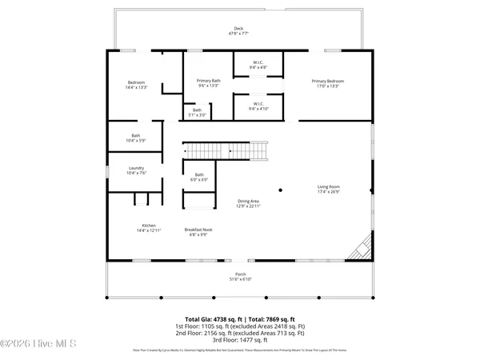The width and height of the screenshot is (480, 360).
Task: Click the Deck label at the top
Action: point(239,31)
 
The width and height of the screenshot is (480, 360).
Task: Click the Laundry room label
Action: point(136,170)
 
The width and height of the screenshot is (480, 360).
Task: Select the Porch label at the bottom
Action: point(240,277)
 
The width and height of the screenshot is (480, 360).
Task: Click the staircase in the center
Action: point(226,150)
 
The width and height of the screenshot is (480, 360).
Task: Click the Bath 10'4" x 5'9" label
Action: point(136,138)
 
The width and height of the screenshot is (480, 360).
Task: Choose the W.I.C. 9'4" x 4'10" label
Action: point(258,106)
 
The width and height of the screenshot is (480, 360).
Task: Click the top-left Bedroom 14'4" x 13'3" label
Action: point(136,86)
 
